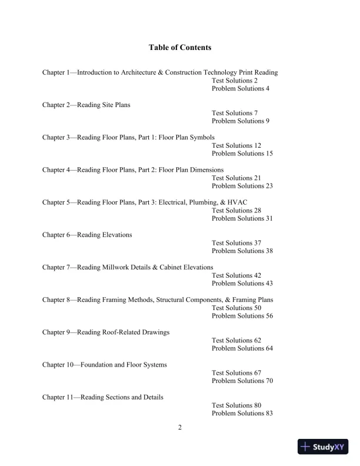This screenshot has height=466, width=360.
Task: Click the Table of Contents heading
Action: (180, 47)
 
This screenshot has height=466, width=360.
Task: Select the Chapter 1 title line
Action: (160, 72)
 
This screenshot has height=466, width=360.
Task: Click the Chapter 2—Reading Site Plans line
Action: (86, 105)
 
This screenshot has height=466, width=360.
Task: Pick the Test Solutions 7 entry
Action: (235, 113)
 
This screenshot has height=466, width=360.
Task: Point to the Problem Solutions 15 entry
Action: (242, 154)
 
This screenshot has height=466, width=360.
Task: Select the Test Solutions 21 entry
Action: (236, 178)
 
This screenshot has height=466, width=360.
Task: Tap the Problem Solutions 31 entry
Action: (242, 218)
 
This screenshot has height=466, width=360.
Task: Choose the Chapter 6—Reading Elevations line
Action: (87, 235)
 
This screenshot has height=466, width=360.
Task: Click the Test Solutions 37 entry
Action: (236, 243)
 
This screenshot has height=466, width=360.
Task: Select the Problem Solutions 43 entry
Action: (242, 284)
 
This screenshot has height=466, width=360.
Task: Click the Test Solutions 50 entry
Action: (236, 308)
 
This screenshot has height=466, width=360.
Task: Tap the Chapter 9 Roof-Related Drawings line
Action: (106, 332)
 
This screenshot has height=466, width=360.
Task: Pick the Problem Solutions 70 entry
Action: (242, 381)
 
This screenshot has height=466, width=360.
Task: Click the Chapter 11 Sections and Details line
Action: (103, 397)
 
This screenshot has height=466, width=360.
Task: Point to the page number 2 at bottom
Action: (180, 427)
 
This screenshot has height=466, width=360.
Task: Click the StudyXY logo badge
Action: (322, 447)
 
